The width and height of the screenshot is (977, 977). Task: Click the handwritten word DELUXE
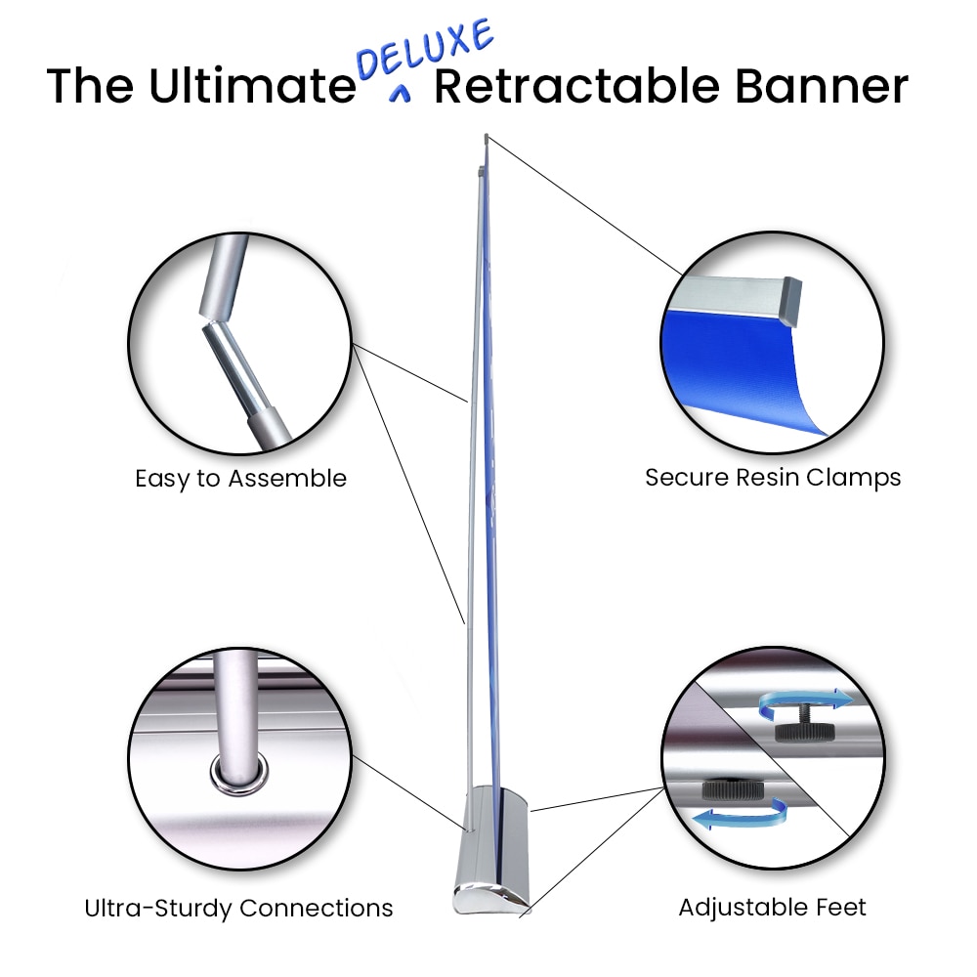click(425, 49)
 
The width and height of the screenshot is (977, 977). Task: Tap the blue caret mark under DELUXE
click(400, 93)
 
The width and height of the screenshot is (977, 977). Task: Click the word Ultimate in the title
click(252, 85)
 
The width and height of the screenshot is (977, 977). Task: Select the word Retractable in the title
click(576, 85)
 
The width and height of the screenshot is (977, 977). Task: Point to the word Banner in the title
click(822, 85)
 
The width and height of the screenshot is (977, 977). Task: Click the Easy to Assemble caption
click(240, 479)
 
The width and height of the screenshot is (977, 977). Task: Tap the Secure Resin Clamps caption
click(773, 478)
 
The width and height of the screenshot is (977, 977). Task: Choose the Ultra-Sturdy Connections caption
click(238, 908)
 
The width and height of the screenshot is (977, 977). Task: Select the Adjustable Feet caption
click(772, 908)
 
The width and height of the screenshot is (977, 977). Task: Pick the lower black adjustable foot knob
click(733, 790)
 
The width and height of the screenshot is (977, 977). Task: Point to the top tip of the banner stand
click(486, 136)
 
